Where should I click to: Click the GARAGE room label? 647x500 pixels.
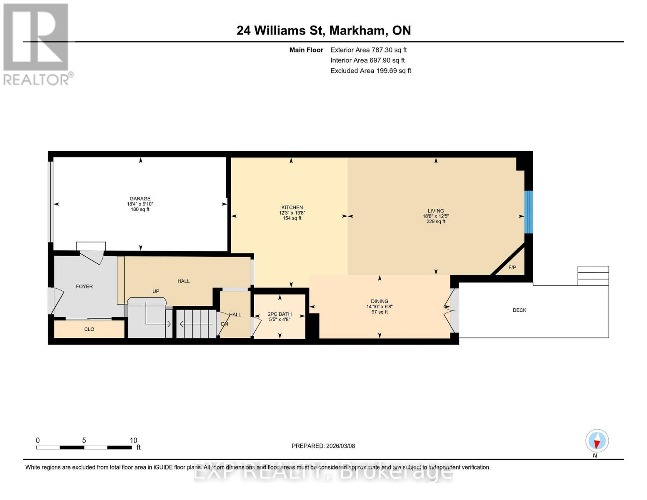coord(140,199)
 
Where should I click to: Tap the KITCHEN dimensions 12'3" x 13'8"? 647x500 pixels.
coord(292,213)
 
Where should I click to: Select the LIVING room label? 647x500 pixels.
coord(436,211)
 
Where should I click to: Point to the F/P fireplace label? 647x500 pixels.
coord(512,267)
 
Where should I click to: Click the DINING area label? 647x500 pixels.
coord(380,301)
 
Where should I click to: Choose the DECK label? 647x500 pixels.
coord(520,310)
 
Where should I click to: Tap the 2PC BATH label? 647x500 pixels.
coord(280,314)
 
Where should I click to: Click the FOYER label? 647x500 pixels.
coord(84,287)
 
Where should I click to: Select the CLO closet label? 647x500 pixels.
coord(89,329)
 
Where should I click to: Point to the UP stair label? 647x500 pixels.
coord(156,291)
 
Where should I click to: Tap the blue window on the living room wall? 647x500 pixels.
coord(528,212)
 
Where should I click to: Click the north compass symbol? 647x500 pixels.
coord(597,441)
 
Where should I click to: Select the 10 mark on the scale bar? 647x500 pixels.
coord(133,440)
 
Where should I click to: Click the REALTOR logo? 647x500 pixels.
coord(37,44)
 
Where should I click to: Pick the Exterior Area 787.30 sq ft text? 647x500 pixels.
coord(368,50)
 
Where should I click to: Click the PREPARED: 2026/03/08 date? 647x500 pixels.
coord(323,446)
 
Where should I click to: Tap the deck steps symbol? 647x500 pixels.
coord(593,276)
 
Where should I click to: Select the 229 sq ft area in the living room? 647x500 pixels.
coord(436,222)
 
